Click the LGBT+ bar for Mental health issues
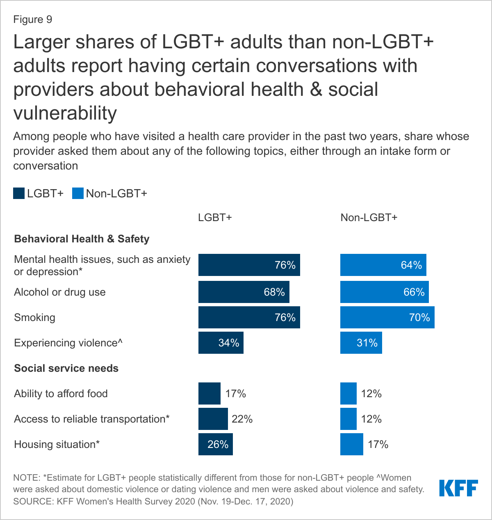(x=249, y=265)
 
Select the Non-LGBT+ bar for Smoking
(x=387, y=317)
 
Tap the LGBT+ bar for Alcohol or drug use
(x=244, y=292)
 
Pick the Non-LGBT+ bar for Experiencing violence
(x=361, y=343)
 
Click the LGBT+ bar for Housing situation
(x=215, y=444)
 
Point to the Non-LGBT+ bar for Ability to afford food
(x=348, y=393)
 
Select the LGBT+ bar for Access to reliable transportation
(x=213, y=419)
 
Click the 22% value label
(x=242, y=419)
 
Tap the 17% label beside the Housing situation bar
(x=378, y=444)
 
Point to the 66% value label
(x=414, y=292)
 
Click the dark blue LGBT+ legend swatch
(x=19, y=193)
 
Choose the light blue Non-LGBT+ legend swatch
(x=77, y=193)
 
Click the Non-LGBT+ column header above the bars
(x=369, y=217)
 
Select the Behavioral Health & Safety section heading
(x=82, y=239)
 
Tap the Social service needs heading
(x=66, y=368)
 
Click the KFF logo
(x=458, y=488)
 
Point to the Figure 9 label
(x=33, y=20)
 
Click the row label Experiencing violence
(x=68, y=343)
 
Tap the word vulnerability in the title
(x=65, y=113)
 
